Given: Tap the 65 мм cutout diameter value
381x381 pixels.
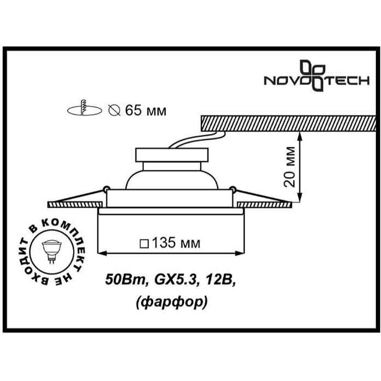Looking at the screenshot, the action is coord(146,111).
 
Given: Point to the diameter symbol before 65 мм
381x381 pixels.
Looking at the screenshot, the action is coord(114,111).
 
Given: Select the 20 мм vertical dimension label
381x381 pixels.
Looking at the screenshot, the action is coord(290,167).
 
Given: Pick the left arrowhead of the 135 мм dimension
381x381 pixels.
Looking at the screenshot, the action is coord(102,253).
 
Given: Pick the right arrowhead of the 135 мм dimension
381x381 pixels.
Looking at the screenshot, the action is coord(239,253).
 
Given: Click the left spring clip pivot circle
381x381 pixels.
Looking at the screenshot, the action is coord(106,188).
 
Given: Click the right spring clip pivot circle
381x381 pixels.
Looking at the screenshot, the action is coord(233,188).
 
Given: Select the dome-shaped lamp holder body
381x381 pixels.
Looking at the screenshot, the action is coord(172,180).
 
